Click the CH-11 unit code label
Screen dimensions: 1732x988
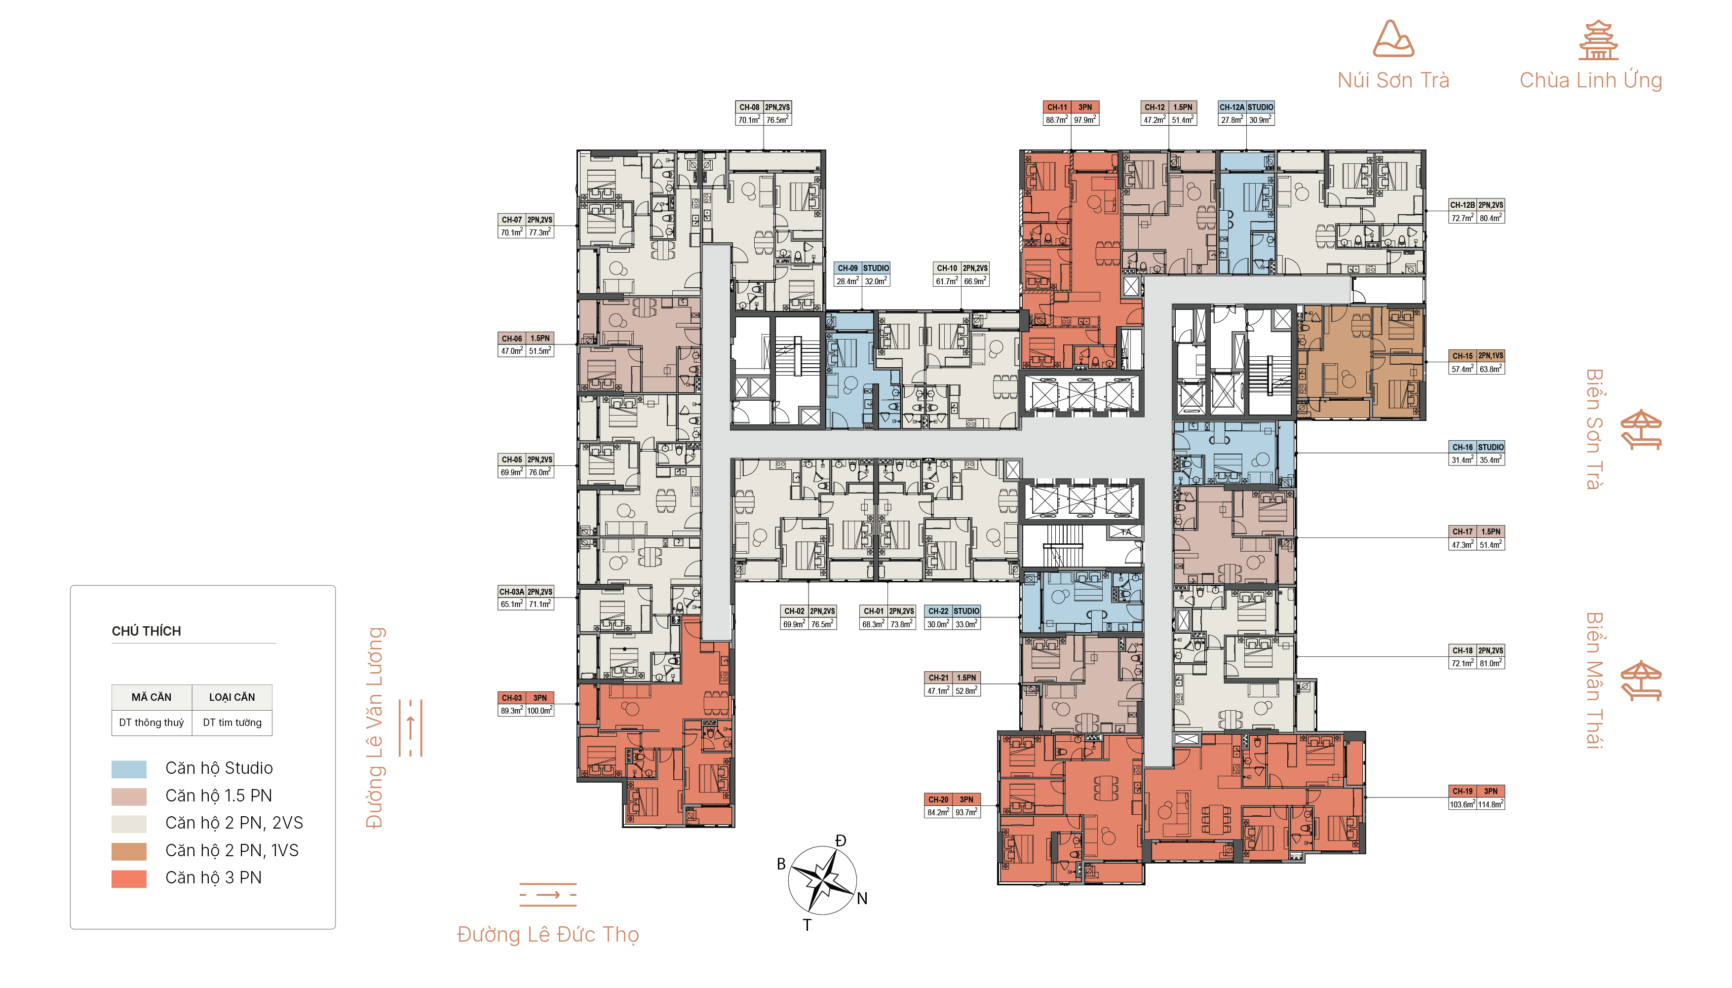1057,107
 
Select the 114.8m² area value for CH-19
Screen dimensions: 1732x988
1491,804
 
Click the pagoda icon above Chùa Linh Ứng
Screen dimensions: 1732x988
1598,40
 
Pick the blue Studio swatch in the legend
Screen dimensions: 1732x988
129,769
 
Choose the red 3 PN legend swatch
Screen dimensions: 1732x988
129,879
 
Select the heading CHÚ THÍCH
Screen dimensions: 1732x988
147,631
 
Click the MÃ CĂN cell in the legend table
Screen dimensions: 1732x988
152,697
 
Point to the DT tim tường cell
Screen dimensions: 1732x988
232,722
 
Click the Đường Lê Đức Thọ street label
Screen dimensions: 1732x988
548,934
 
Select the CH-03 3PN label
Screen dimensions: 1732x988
526,698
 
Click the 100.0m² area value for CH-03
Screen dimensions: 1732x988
540,711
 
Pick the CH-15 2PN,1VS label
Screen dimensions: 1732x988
1477,355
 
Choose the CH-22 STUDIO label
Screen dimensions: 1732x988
953,611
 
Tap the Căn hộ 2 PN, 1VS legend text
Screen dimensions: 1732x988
232,851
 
